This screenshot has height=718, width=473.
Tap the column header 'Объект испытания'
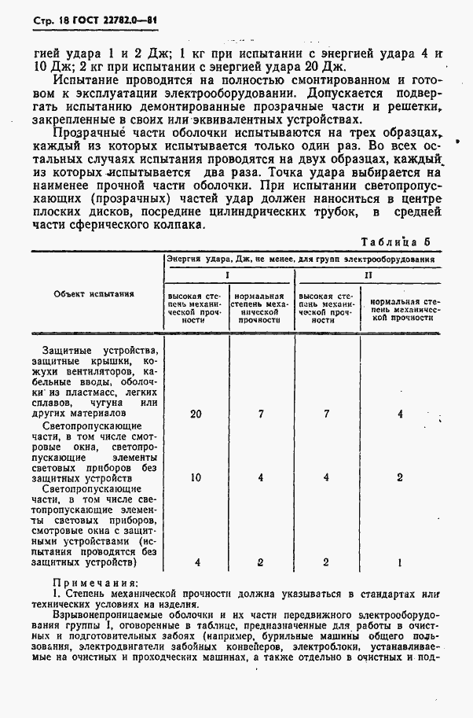pos(93,294)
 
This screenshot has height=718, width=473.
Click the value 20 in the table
pos(196,414)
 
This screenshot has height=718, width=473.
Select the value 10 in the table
pos(196,477)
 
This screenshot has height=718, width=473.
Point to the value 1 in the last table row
pos(400,563)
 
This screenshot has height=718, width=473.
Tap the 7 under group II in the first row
pos(325,414)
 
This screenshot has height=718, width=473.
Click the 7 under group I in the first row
pos(260,414)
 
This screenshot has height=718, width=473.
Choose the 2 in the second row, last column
pos(400,477)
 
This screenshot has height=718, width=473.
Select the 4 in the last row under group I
pos(196,563)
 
